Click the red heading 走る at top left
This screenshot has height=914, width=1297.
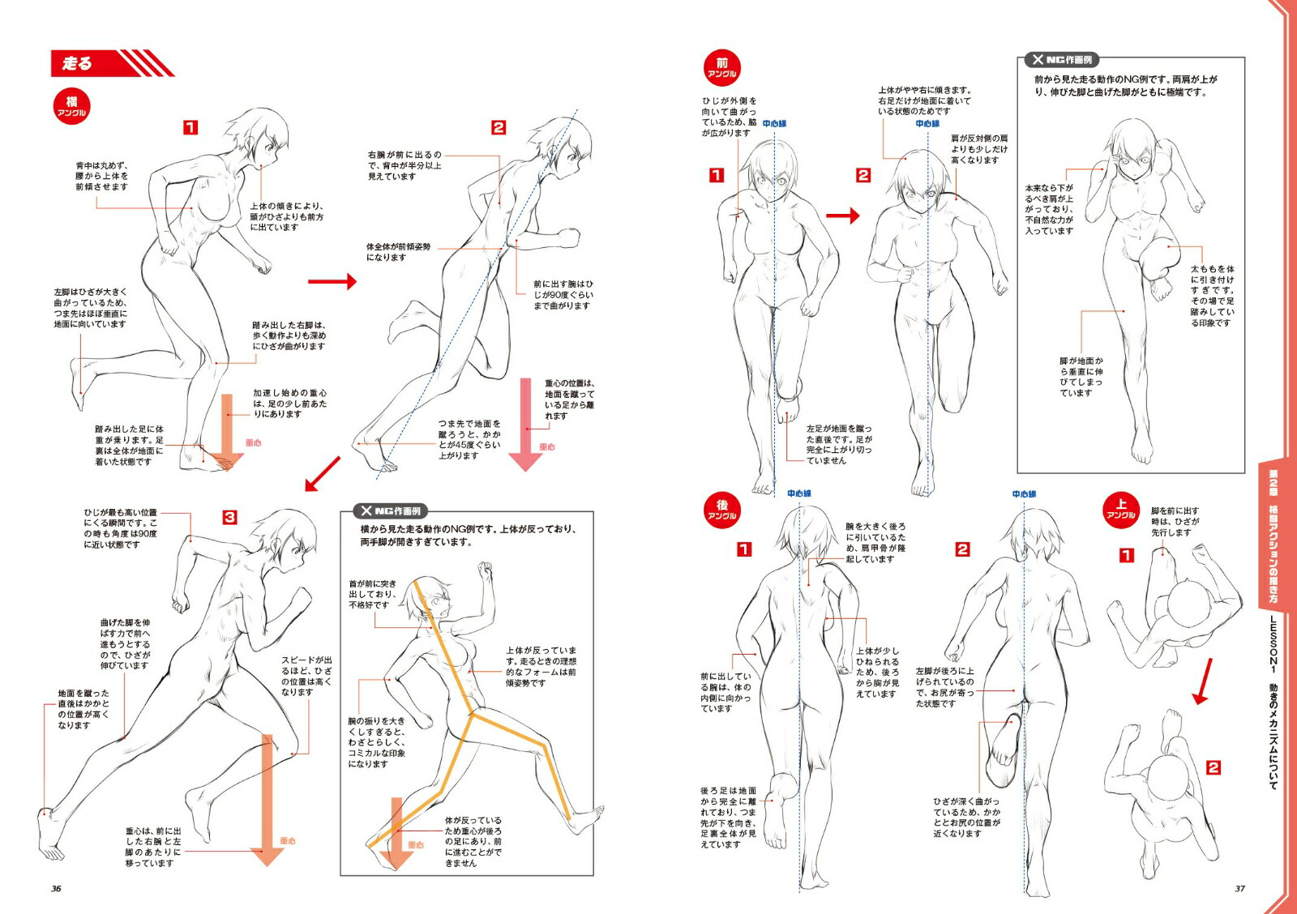pyautogui.click(x=78, y=63)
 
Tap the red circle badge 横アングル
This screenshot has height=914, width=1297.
pyautogui.click(x=71, y=106)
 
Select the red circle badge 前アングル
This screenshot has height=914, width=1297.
pyautogui.click(x=721, y=67)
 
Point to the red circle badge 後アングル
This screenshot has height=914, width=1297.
pyautogui.click(x=721, y=510)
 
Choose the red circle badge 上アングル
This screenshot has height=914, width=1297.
pyautogui.click(x=1121, y=509)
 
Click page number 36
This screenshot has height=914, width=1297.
pyautogui.click(x=56, y=888)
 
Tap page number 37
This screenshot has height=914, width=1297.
pyautogui.click(x=1239, y=888)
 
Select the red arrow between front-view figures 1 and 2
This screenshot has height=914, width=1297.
pyautogui.click(x=842, y=216)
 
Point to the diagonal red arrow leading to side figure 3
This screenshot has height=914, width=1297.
pyautogui.click(x=322, y=474)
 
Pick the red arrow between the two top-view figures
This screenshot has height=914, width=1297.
pyautogui.click(x=1202, y=681)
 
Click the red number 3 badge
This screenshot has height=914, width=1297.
pyautogui.click(x=230, y=517)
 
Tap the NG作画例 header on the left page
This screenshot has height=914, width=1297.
pyautogui.click(x=392, y=511)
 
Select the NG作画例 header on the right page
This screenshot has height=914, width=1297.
pyautogui.click(x=1062, y=60)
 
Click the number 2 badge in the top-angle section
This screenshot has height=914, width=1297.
pyautogui.click(x=1213, y=767)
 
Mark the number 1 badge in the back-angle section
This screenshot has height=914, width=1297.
pyautogui.click(x=743, y=549)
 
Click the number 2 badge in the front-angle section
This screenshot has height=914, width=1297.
pyautogui.click(x=863, y=175)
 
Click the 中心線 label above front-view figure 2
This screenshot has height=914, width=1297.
pyautogui.click(x=927, y=124)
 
